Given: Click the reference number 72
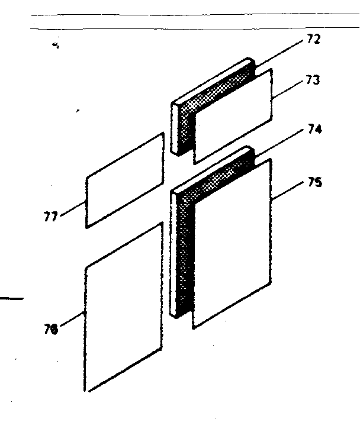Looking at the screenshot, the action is (x=314, y=39).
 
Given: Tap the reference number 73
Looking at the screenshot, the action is (x=313, y=80).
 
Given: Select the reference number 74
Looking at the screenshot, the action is (x=314, y=129).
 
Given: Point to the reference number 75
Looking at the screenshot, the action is (x=315, y=182).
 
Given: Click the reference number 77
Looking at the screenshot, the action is (x=50, y=217).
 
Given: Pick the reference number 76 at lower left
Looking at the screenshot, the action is (x=51, y=329).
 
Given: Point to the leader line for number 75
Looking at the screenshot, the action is (x=287, y=191).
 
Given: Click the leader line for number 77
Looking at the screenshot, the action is (x=73, y=208).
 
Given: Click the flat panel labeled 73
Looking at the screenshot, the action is (x=233, y=117).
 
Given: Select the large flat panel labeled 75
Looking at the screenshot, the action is (x=232, y=244).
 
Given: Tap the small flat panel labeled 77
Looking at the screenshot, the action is (x=125, y=181).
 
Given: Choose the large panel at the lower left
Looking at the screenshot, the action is (x=123, y=308).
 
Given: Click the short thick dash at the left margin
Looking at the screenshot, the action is (x=12, y=298).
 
